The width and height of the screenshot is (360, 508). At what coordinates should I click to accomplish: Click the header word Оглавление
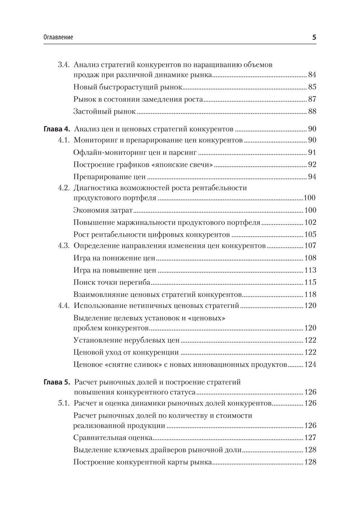[x=58, y=37]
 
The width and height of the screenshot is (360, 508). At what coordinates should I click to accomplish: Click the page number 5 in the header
[x=314, y=37]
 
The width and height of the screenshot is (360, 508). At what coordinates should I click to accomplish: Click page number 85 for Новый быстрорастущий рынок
[x=312, y=87]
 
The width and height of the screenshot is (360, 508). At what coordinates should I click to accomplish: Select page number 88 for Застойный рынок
[x=312, y=111]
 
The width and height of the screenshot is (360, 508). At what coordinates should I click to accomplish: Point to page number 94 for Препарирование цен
[x=312, y=177]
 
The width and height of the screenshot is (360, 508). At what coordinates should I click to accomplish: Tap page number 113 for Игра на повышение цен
[x=310, y=270]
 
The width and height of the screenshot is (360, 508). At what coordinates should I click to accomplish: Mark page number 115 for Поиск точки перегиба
[x=310, y=282]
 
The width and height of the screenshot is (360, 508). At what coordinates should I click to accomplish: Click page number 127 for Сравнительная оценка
[x=310, y=438]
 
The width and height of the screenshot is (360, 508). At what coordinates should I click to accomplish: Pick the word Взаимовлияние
[x=96, y=295]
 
